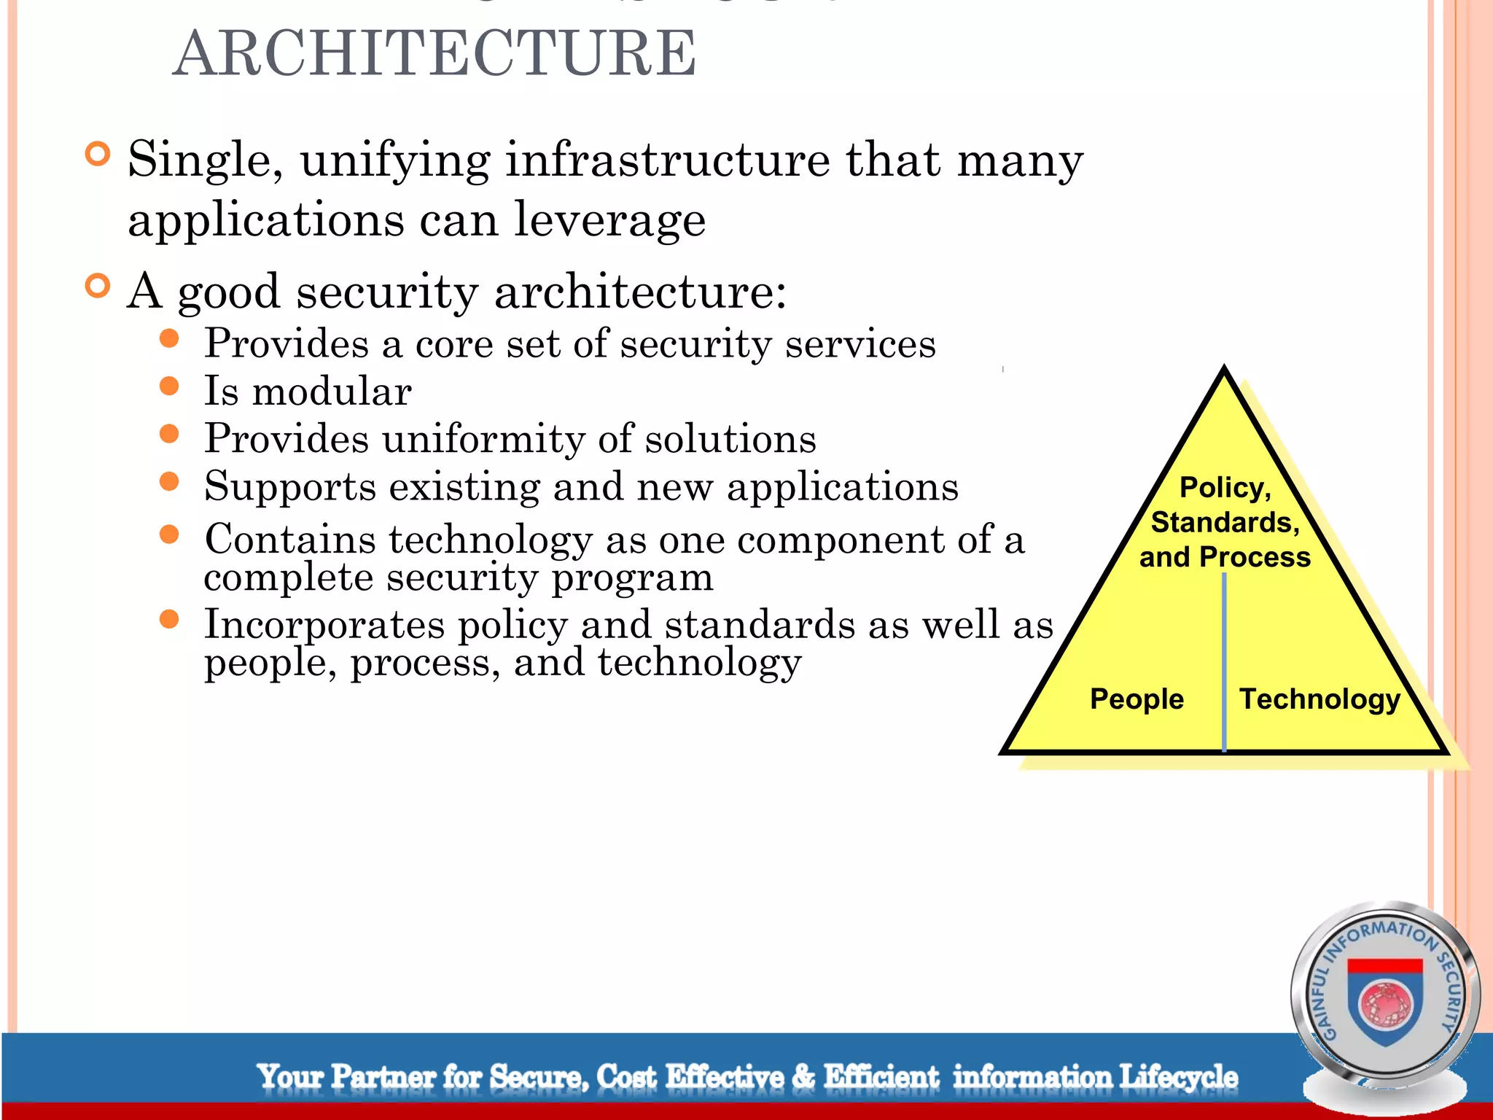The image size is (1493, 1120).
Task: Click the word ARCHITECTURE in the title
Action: coord(434,54)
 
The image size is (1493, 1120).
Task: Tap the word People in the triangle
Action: coord(1136,699)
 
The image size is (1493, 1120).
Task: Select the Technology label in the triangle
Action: coord(1319,699)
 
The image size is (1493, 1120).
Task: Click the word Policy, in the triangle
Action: coord(1225,487)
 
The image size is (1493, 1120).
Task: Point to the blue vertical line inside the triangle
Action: coord(1224,656)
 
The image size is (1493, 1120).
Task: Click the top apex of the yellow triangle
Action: coord(1224,372)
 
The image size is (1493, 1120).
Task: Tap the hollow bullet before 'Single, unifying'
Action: coord(97,154)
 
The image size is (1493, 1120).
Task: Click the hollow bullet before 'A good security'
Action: coord(97,286)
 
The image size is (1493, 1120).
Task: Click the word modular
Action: coord(332,392)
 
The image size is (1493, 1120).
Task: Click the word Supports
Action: coord(289,487)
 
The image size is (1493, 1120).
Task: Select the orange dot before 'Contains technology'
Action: coord(169,534)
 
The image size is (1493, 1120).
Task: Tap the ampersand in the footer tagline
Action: coord(803,1077)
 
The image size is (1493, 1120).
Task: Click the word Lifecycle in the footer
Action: coord(1178,1077)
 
